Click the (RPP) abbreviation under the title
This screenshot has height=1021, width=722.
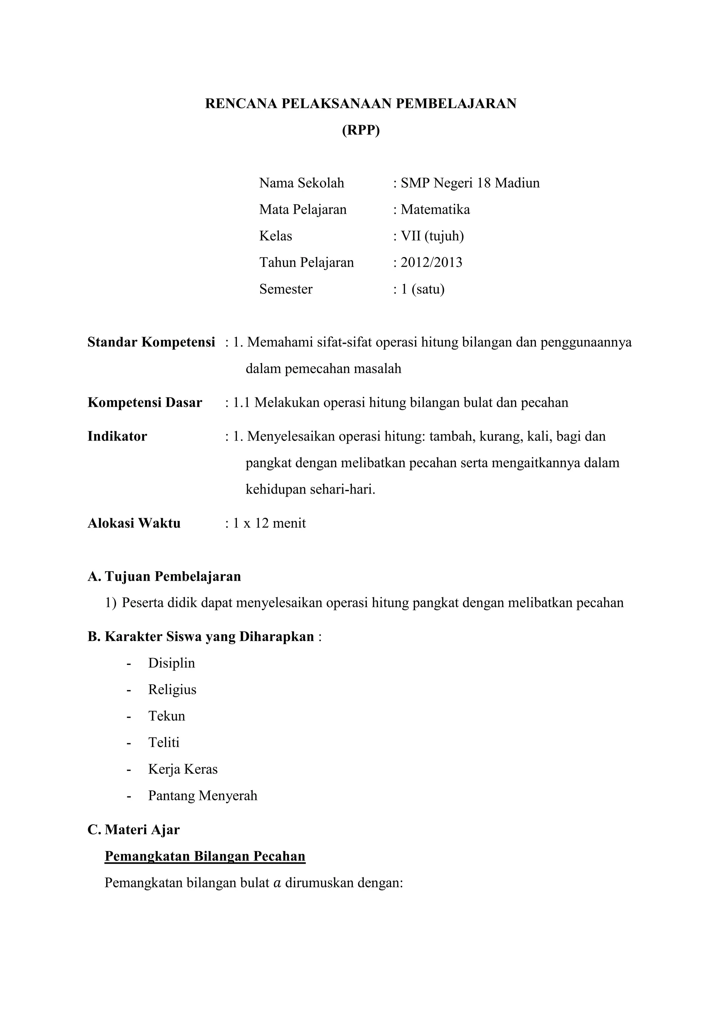pos(361,130)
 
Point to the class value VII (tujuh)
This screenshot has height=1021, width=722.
pos(432,236)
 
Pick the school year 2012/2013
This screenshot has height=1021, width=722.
pos(431,262)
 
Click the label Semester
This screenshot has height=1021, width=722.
pos(286,289)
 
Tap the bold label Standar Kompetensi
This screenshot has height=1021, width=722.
pos(151,342)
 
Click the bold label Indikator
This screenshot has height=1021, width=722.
pos(117,436)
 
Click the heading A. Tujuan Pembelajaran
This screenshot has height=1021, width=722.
pos(165,576)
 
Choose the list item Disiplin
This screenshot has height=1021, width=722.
pos(172,663)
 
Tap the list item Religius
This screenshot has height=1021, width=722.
pos(172,690)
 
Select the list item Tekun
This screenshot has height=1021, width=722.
pos(167,716)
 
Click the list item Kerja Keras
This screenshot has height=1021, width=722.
pos(183,769)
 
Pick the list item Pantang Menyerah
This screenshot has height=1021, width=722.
pos(203,796)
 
